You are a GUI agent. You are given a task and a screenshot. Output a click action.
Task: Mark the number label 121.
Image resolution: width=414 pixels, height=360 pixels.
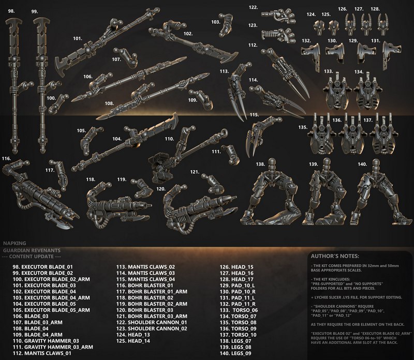pos(194,171)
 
